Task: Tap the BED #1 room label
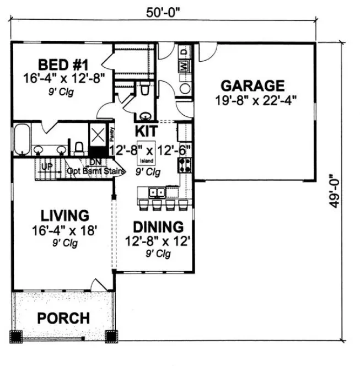pos(61,62)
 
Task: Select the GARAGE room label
pos(252,86)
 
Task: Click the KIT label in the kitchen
pos(146,131)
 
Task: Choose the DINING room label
pos(159,227)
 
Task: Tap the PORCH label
pos(63,318)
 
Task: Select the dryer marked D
pos(185,51)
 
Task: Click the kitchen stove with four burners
pos(184,164)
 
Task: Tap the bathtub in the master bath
pos(22,139)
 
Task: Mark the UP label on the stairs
pos(48,166)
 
